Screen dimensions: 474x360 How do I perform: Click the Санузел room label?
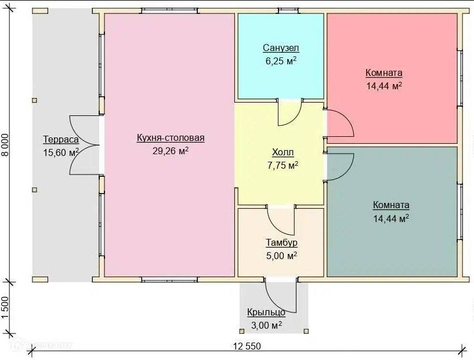click(x=281, y=48)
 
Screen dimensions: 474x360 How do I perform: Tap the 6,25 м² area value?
click(x=281, y=61)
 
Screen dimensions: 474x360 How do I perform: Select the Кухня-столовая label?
click(x=171, y=138)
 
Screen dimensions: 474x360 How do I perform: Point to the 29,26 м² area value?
click(x=171, y=151)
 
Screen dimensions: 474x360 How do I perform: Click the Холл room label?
click(x=283, y=152)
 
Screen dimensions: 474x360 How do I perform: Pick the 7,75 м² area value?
click(x=283, y=165)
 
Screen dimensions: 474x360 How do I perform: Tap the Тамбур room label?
click(x=281, y=243)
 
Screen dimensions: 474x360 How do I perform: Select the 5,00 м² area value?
click(x=281, y=256)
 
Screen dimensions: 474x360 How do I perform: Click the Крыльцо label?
click(x=266, y=312)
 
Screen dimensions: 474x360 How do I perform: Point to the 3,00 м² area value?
click(x=266, y=325)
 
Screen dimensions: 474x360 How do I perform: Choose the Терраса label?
click(x=61, y=140)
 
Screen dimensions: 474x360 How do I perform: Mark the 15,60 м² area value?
click(x=61, y=152)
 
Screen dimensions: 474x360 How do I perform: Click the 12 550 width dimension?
click(x=247, y=346)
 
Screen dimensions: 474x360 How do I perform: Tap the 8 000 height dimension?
click(x=6, y=145)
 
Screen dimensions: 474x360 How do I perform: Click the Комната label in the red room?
click(x=384, y=73)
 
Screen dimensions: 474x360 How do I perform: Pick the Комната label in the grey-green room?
click(x=391, y=205)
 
